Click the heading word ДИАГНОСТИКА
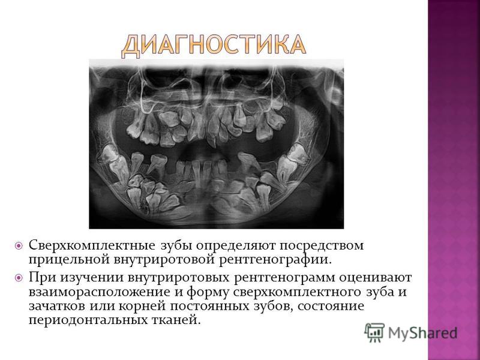pyautogui.click(x=214, y=46)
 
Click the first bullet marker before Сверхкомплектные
pyautogui.click(x=19, y=246)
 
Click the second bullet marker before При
pyautogui.click(x=19, y=278)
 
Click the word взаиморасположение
pyautogui.click(x=99, y=293)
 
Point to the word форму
pyautogui.click(x=208, y=293)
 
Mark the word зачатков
pyautogui.click(x=57, y=307)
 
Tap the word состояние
pyautogui.click(x=331, y=307)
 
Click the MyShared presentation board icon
pyautogui.click(x=374, y=332)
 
